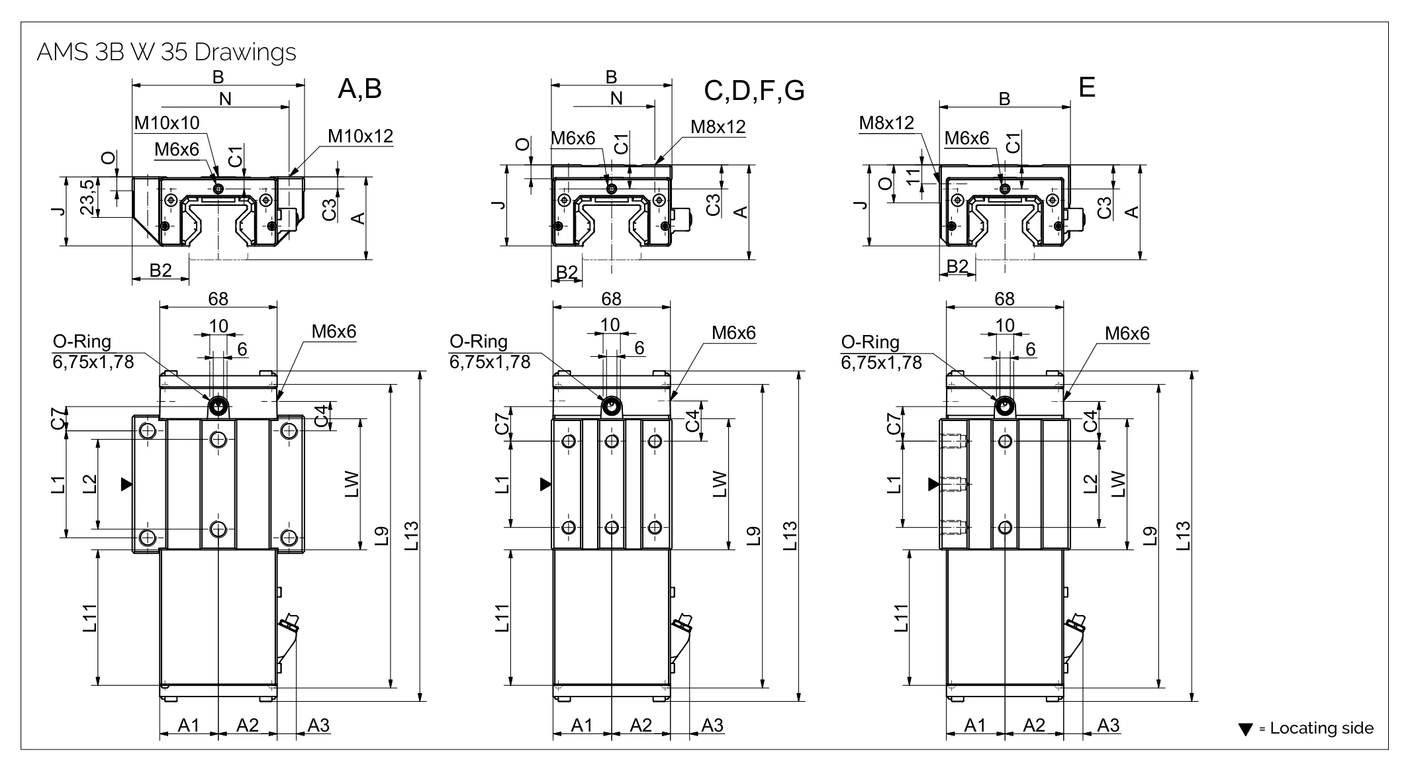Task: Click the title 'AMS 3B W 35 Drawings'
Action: (166, 52)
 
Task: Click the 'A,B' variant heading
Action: (359, 88)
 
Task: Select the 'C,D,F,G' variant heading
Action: (754, 90)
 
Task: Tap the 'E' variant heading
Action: (1086, 87)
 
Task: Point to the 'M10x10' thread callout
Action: (167, 123)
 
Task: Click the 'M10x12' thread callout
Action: (361, 136)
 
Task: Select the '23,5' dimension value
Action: (87, 197)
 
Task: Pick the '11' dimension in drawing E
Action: (914, 177)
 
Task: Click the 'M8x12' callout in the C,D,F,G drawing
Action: (718, 126)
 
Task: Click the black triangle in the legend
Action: (1245, 730)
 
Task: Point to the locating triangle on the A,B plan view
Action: (126, 485)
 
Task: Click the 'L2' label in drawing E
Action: (1091, 484)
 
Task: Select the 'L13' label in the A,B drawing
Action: (412, 536)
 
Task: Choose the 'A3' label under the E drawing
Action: (1108, 725)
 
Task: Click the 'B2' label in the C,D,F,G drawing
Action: (567, 271)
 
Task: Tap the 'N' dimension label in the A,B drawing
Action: (225, 99)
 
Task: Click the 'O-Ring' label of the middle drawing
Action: (479, 342)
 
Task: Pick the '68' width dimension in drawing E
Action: (1004, 299)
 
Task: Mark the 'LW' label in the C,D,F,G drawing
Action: (721, 484)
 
